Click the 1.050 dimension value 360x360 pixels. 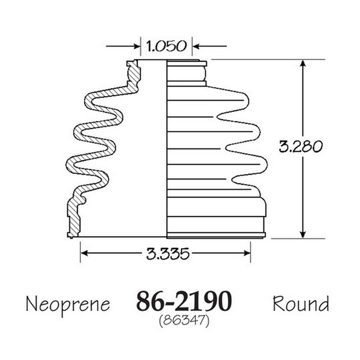click(166, 46)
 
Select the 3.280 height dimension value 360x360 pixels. click(301, 147)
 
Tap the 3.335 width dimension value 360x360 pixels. click(168, 253)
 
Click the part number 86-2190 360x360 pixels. click(184, 301)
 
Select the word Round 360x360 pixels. click(301, 303)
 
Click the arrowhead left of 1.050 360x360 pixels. click(137, 46)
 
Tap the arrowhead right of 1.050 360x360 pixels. click(195, 46)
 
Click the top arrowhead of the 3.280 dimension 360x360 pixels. click(303, 63)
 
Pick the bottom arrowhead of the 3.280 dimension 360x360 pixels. click(303, 234)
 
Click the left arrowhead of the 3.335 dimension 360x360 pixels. click(84, 253)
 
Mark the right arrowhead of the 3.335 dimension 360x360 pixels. click(247, 253)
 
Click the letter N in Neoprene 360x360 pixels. click(32, 303)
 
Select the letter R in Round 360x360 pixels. click(279, 303)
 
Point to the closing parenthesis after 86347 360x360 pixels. click(207, 321)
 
